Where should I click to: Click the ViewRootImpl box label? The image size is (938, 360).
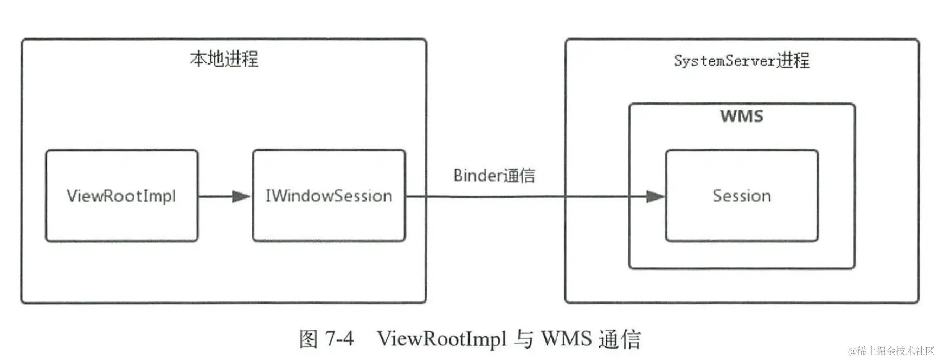click(x=121, y=196)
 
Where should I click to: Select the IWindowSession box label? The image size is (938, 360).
click(x=329, y=196)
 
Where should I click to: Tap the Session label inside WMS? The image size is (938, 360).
click(x=741, y=196)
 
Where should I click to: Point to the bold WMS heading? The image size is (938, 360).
click(x=741, y=116)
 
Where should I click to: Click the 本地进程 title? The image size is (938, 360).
click(x=224, y=59)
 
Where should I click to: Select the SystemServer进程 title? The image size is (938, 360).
click(x=742, y=60)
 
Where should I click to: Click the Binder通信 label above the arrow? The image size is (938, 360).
click(x=494, y=175)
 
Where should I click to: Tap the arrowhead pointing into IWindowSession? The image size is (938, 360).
click(x=242, y=196)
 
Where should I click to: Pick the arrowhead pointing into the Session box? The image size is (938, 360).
click(x=656, y=196)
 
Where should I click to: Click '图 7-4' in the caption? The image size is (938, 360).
click(x=326, y=339)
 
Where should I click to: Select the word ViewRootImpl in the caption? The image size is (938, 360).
click(x=441, y=339)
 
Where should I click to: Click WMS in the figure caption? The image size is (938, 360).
click(x=566, y=339)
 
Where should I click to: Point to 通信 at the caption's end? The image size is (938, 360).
click(x=620, y=339)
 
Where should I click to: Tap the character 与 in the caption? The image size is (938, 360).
click(x=523, y=339)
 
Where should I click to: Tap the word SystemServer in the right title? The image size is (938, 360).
click(x=725, y=61)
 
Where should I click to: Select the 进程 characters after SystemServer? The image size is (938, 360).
click(x=793, y=60)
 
